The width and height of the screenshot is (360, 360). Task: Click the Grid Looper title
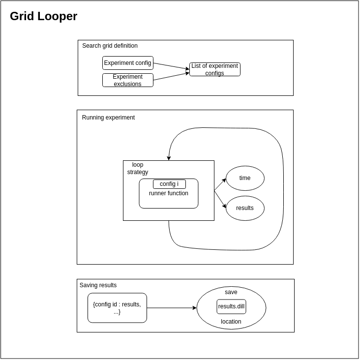pyautogui.click(x=43, y=16)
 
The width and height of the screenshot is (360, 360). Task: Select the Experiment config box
pyautogui.click(x=127, y=63)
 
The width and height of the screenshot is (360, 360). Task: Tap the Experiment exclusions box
pyautogui.click(x=127, y=80)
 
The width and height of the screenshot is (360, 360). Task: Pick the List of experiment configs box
pyautogui.click(x=214, y=69)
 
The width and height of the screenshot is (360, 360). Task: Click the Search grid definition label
pyautogui.click(x=110, y=46)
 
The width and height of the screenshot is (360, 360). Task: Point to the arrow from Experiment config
pyautogui.click(x=171, y=66)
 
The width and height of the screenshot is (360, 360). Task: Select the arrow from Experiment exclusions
pyautogui.click(x=171, y=76)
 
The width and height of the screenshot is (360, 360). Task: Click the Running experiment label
pyautogui.click(x=108, y=118)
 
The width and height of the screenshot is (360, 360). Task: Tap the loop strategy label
pyautogui.click(x=138, y=168)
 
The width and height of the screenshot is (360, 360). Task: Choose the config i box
pyautogui.click(x=169, y=184)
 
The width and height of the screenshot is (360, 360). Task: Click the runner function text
pyautogui.click(x=168, y=194)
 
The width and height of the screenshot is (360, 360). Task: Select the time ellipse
pyautogui.click(x=245, y=178)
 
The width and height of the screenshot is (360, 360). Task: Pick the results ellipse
pyautogui.click(x=245, y=208)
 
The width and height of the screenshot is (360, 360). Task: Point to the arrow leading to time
pyautogui.click(x=220, y=184)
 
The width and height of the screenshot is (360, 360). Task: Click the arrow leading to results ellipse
pyautogui.click(x=220, y=199)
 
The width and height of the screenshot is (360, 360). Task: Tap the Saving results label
pyautogui.click(x=98, y=285)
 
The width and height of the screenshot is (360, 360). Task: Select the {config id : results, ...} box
pyautogui.click(x=117, y=308)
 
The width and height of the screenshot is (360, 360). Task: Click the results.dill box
pyautogui.click(x=231, y=306)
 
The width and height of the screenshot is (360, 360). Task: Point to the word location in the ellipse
pyautogui.click(x=231, y=322)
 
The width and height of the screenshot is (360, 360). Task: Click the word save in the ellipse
pyautogui.click(x=231, y=292)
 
